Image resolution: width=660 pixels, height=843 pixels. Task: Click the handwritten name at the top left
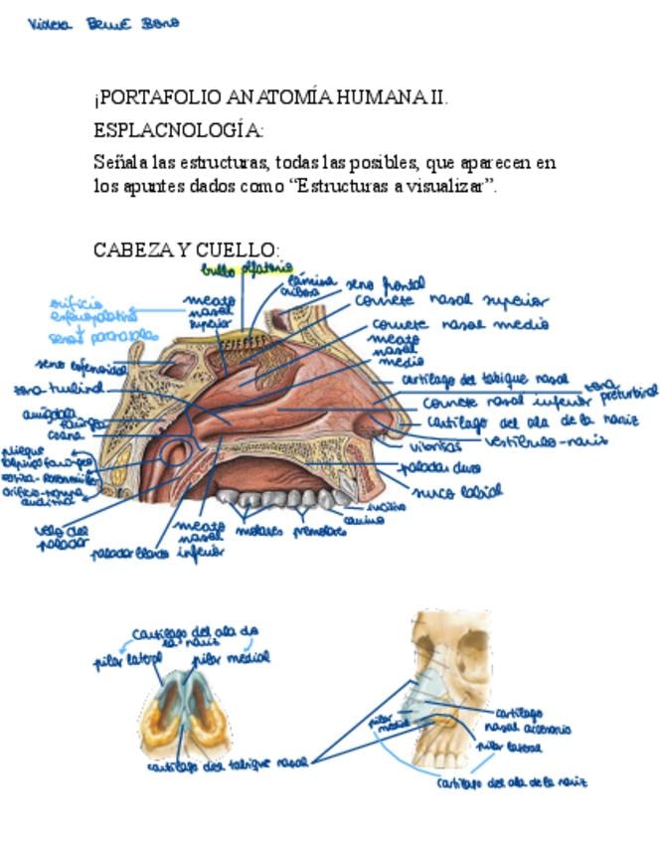[x=103, y=24]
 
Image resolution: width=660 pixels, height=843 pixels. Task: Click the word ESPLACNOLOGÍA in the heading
[x=178, y=130]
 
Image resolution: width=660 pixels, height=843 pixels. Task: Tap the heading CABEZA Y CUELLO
[x=186, y=250]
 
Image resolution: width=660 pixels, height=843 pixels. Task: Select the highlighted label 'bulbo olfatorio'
[x=247, y=268]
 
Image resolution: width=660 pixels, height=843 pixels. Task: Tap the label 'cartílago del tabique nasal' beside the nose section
[x=485, y=380]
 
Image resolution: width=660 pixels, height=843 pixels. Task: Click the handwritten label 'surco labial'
[x=458, y=490]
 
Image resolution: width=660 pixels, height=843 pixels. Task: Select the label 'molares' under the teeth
[x=257, y=531]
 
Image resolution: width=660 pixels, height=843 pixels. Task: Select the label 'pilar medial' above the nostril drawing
[x=230, y=657]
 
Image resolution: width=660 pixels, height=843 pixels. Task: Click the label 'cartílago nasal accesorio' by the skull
[x=531, y=721]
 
